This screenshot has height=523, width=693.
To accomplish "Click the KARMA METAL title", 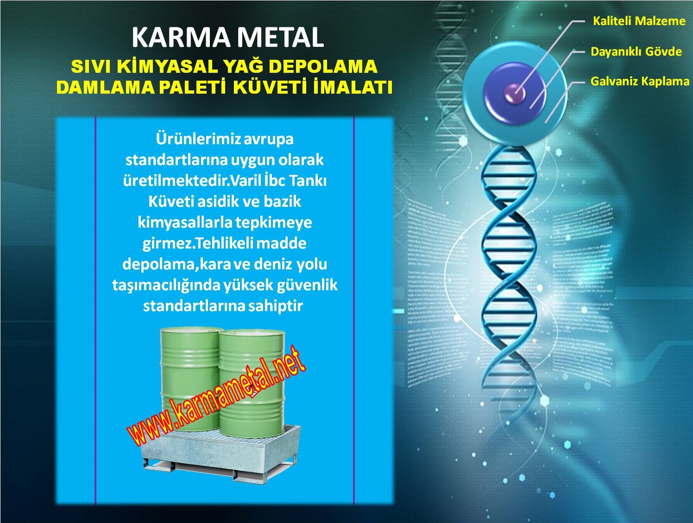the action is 227,37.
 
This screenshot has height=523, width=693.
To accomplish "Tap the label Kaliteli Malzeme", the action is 639,21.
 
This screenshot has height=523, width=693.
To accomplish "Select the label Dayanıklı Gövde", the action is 636,51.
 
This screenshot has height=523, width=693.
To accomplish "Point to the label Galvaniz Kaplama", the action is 640,82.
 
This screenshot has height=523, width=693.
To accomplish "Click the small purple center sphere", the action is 515,93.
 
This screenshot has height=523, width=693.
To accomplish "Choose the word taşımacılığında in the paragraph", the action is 166,285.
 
